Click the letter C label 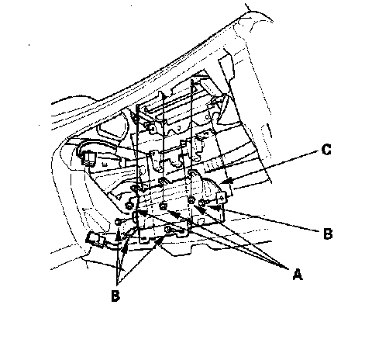pos(326,150)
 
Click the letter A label pos(298,275)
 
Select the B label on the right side pos(328,234)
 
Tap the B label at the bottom pos(115,296)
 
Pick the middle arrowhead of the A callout pos(174,214)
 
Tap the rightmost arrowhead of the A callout pos(200,209)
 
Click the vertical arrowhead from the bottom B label pos(118,237)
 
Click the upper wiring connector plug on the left pos(88,158)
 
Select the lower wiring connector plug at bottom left pos(94,240)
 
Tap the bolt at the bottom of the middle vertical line pos(163,206)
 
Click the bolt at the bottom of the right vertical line pos(191,200)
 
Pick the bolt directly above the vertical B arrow pos(118,222)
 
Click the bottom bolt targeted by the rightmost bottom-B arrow pos(168,229)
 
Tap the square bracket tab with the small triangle pos(222,199)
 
